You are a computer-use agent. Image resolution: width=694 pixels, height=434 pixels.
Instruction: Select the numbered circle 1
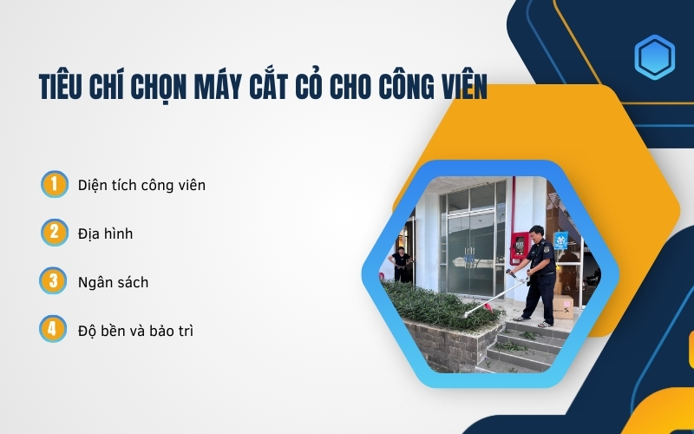pos(54,184)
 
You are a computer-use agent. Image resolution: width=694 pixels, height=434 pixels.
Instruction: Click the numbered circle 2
pos(54,233)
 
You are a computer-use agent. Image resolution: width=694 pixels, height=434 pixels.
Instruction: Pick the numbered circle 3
pos(54,281)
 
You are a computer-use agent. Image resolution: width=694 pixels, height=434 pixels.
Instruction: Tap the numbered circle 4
pos(54,330)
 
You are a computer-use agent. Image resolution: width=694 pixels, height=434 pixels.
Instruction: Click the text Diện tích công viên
pos(141,185)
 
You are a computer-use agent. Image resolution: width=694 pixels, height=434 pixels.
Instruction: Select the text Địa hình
pos(105,233)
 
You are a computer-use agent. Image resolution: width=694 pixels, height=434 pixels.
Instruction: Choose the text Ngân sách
pos(113,282)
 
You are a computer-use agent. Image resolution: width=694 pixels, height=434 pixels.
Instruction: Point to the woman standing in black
pos(401,264)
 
